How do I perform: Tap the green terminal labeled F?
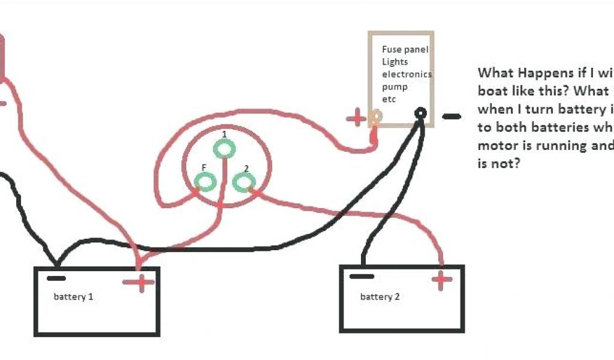(x=206, y=181)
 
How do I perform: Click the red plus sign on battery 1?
(x=139, y=282)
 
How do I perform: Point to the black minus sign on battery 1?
(x=56, y=278)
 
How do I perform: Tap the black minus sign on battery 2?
(x=362, y=277)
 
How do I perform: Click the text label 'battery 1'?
(x=73, y=297)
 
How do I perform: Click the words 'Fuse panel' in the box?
(x=405, y=50)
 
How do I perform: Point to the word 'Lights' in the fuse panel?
(x=395, y=62)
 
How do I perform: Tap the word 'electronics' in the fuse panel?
(x=407, y=74)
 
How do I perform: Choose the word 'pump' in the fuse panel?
(x=395, y=86)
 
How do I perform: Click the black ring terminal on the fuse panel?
(x=421, y=113)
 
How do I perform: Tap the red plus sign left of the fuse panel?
(x=356, y=118)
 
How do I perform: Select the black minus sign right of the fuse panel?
(x=452, y=116)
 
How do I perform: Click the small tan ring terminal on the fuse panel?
(x=376, y=116)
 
